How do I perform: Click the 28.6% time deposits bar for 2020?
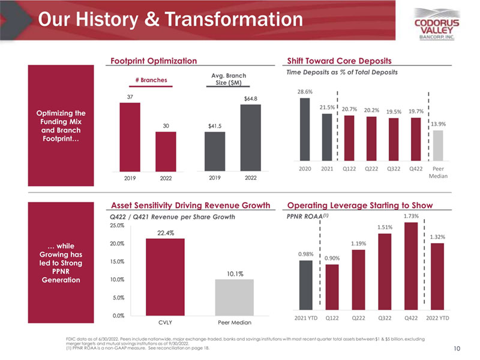(305, 129)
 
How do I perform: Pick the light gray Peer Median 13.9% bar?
(438, 145)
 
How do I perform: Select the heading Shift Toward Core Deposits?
(340, 61)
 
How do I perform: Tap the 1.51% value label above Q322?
(385, 227)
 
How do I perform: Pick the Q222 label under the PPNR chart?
(358, 317)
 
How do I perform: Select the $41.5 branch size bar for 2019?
(215, 146)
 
